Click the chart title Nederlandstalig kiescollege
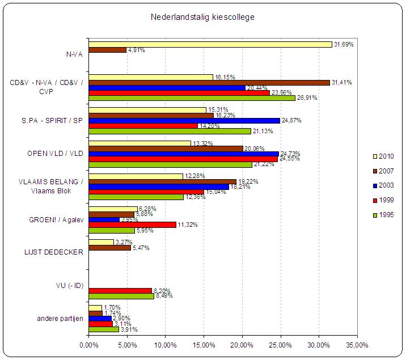coord(202,17)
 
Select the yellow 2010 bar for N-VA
coord(210,44)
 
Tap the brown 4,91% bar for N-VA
coord(107,50)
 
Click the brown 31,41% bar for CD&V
coord(209,83)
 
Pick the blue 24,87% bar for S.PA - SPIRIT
coord(184,121)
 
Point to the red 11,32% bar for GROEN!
coord(132,225)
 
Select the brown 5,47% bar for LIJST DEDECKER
coord(109,248)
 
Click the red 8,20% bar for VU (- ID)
coord(120,290)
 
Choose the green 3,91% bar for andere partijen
coord(103,329)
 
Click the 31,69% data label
coord(344,44)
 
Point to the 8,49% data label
coord(163,296)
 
